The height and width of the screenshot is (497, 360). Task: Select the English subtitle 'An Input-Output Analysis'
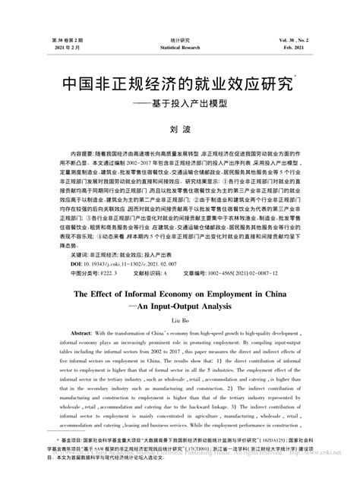(182, 309)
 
